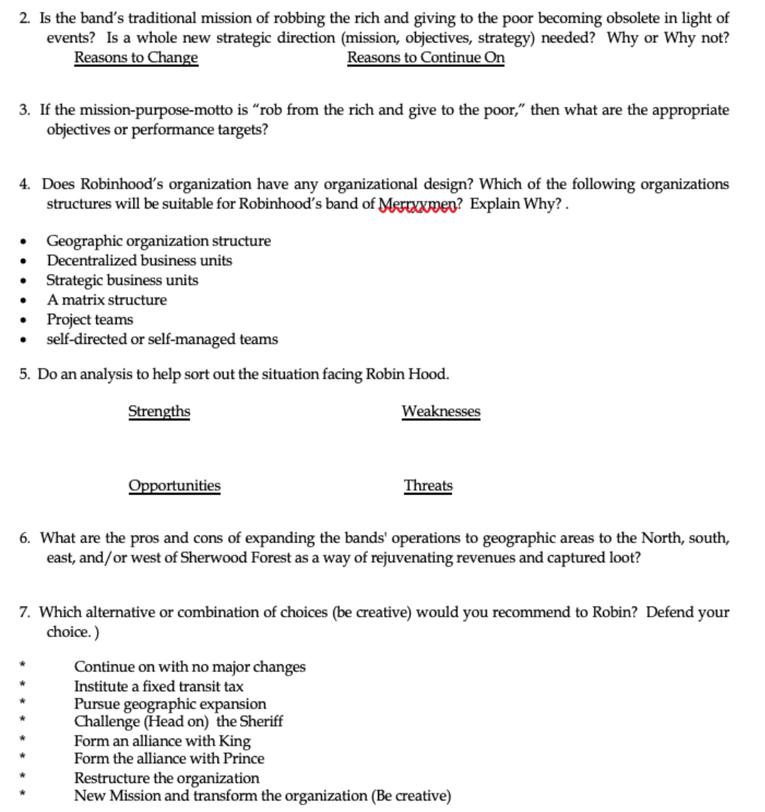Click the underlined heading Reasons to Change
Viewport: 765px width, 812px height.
136,58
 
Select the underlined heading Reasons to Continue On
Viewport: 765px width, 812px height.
426,58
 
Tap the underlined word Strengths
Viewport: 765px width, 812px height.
159,411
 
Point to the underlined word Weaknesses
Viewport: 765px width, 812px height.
441,411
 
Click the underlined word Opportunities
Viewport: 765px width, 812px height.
174,485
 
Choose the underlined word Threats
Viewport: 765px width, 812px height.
428,485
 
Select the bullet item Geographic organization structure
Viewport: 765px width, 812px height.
158,241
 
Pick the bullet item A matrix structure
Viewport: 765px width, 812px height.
107,299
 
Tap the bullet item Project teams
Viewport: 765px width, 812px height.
89,319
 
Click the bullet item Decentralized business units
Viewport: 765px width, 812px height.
139,261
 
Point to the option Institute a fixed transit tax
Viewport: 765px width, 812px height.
158,686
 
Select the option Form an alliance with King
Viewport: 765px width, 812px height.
162,740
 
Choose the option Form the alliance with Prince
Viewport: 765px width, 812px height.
169,757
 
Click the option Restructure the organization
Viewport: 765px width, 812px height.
166,777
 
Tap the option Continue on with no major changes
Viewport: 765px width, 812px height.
189,667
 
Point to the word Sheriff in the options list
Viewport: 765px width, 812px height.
260,721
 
